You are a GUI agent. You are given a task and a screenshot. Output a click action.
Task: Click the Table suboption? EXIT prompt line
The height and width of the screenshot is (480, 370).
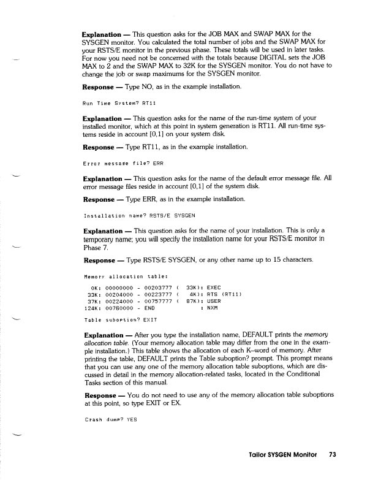pos(120,319)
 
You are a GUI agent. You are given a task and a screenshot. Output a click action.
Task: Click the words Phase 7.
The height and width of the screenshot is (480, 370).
pos(95,250)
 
